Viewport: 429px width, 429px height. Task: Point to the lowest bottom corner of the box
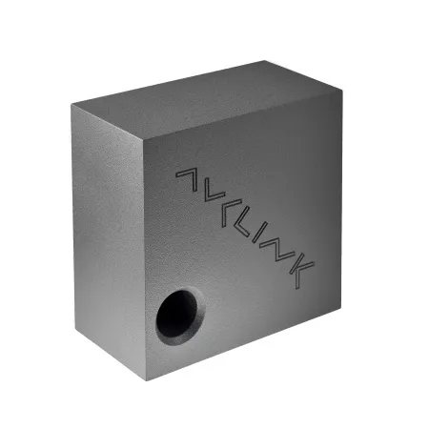coord(146,379)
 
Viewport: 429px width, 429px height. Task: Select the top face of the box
coord(205,100)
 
